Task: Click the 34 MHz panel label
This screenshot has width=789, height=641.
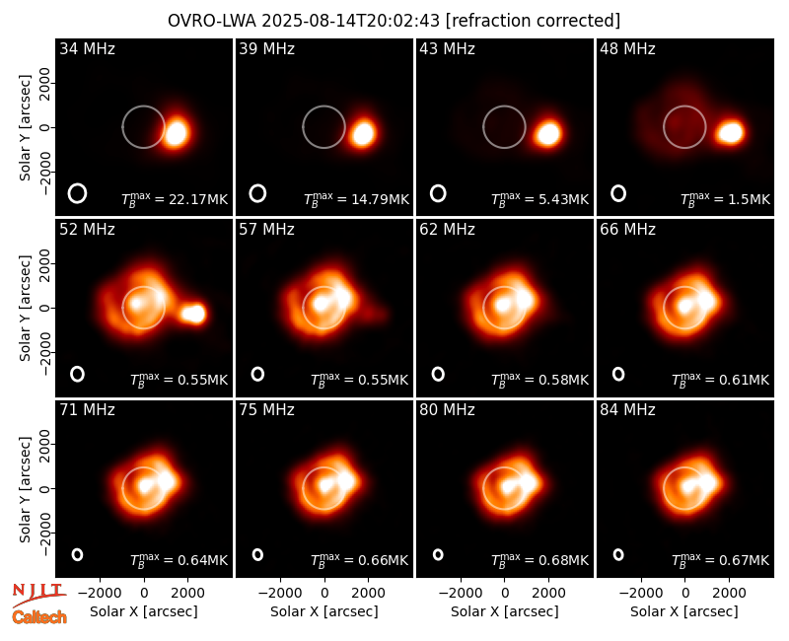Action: click(87, 48)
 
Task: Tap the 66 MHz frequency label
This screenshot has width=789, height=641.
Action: click(627, 230)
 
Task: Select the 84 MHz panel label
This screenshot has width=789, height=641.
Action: click(627, 410)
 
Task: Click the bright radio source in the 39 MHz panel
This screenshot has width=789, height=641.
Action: click(363, 133)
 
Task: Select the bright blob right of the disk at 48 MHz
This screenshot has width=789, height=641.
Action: click(730, 132)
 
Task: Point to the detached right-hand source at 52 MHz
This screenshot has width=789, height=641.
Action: click(193, 313)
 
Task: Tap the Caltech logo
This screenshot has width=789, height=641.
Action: click(39, 617)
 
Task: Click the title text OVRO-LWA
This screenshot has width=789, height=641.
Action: click(212, 21)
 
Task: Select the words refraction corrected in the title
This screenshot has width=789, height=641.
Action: click(534, 21)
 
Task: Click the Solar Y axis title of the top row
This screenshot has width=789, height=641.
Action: click(25, 128)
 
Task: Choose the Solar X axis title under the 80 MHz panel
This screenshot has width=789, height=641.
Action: click(505, 611)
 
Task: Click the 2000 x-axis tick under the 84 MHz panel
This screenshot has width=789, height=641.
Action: click(729, 593)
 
